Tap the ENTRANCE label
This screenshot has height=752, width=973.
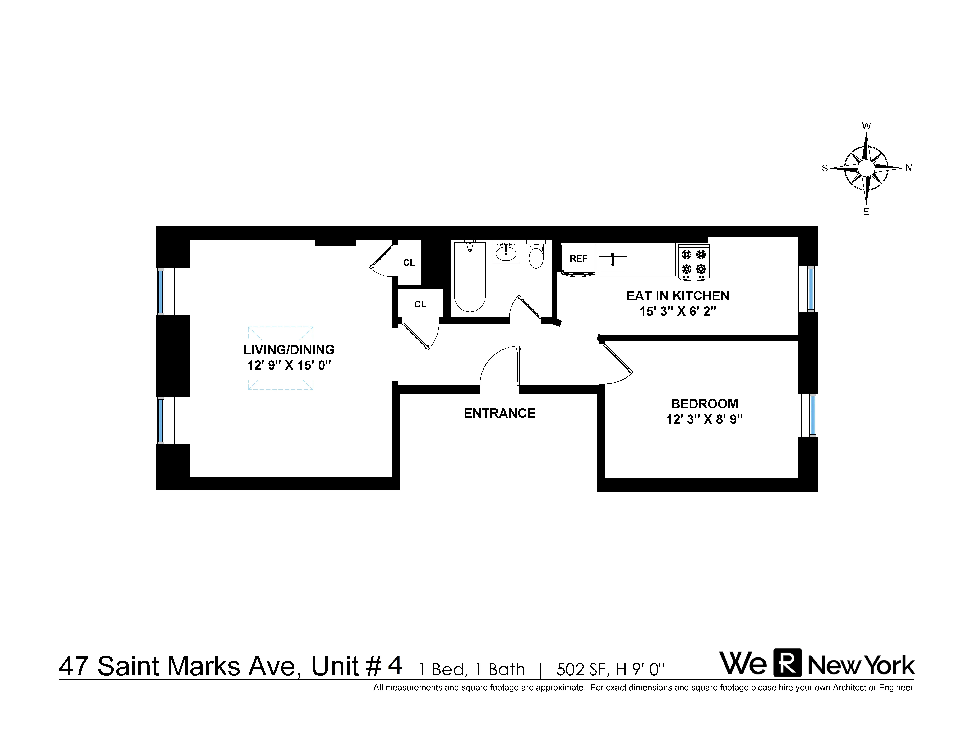(x=499, y=413)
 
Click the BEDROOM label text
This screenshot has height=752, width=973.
(x=704, y=404)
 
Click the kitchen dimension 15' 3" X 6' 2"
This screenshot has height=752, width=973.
(x=678, y=311)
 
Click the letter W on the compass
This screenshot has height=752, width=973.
(x=866, y=126)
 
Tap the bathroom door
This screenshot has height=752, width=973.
(x=529, y=307)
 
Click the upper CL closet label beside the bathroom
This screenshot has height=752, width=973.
(x=409, y=263)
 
